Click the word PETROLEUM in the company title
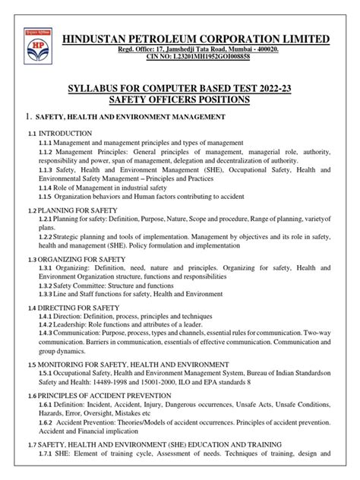coord(182,39)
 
